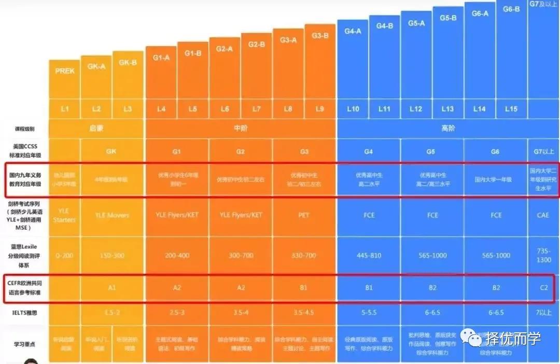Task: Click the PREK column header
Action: click(65, 71)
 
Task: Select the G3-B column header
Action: click(320, 35)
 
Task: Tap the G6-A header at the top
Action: click(480, 13)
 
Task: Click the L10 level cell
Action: click(353, 109)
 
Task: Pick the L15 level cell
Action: click(511, 109)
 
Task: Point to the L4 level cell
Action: click(161, 109)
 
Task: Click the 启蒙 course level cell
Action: click(97, 128)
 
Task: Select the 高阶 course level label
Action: click(448, 128)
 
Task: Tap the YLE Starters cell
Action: click(65, 215)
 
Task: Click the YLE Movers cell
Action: click(113, 215)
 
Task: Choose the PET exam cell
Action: click(304, 215)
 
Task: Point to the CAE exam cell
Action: click(543, 215)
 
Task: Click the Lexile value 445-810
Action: click(369, 255)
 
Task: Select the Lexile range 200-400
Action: click(177, 255)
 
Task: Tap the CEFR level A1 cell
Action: click(113, 287)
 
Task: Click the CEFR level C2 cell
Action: click(543, 287)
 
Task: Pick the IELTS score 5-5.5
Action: click(369, 313)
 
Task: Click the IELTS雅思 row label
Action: click(26, 313)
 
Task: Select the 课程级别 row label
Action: click(26, 129)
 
